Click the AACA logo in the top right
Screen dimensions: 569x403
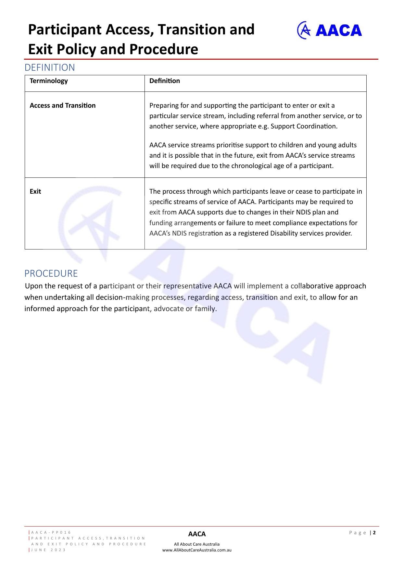pyautogui.click(x=329, y=30)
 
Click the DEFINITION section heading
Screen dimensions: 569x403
pyautogui.click(x=50, y=67)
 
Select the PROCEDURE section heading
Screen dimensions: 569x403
pyautogui.click(x=51, y=273)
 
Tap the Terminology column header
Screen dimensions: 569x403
pyautogui.click(x=49, y=81)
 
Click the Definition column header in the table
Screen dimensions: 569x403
pyautogui.click(x=164, y=81)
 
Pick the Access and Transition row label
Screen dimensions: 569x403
pyautogui.click(x=63, y=105)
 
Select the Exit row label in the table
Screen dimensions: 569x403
pyautogui.click(x=35, y=191)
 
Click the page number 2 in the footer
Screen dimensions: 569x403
pyautogui.click(x=374, y=533)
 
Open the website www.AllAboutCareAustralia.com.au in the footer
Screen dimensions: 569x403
pyautogui.click(x=197, y=550)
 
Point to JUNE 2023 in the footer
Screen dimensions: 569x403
pyautogui.click(x=48, y=550)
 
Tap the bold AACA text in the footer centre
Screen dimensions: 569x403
pyautogui.click(x=197, y=534)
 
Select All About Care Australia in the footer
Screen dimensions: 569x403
pyautogui.click(x=197, y=544)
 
